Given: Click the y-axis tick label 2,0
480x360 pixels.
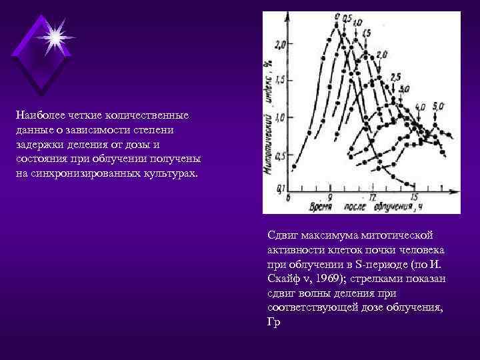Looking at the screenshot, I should point(279,45).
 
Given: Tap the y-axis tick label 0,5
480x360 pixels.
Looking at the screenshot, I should point(279,155).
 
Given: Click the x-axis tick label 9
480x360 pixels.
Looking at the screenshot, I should point(329,198).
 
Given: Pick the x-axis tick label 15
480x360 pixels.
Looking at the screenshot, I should point(414,198).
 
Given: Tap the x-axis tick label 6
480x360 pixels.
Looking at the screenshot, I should point(288,198).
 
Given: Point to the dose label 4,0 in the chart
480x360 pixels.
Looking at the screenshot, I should point(419,107).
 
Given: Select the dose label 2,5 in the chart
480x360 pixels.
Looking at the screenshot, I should point(395,77).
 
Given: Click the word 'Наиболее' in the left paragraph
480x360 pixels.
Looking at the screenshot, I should point(39,115).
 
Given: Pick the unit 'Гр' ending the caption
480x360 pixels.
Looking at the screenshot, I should point(273,322).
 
